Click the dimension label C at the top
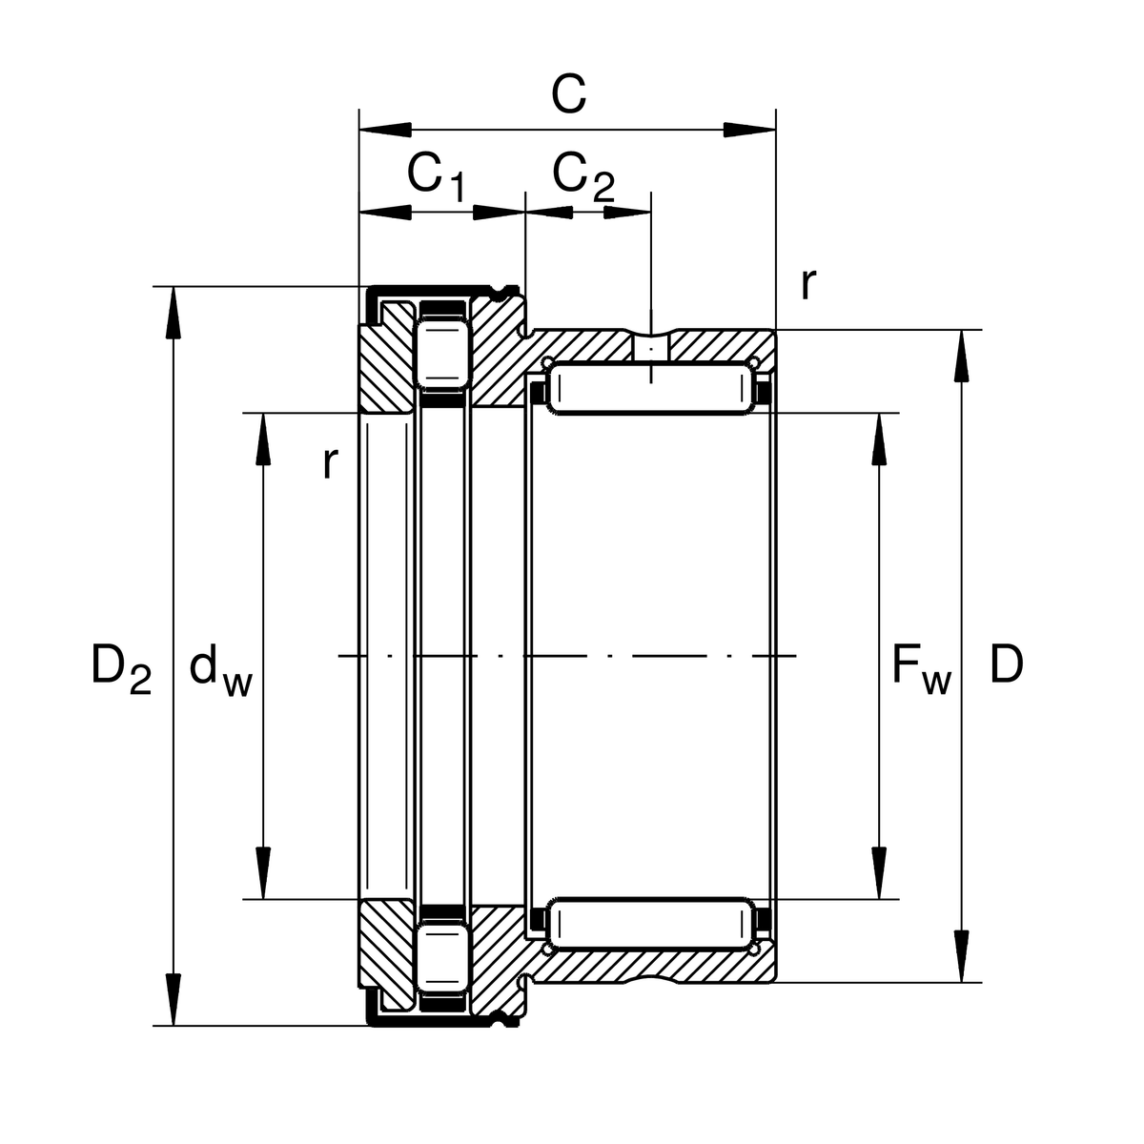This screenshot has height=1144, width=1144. [568, 94]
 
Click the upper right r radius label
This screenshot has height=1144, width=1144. [807, 283]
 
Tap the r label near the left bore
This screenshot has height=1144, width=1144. [330, 463]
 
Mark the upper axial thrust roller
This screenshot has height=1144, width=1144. [441, 353]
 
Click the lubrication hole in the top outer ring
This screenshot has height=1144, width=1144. [651, 345]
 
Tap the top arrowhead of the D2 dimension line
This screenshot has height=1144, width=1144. [174, 311]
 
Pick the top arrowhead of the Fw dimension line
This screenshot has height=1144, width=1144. [878, 439]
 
